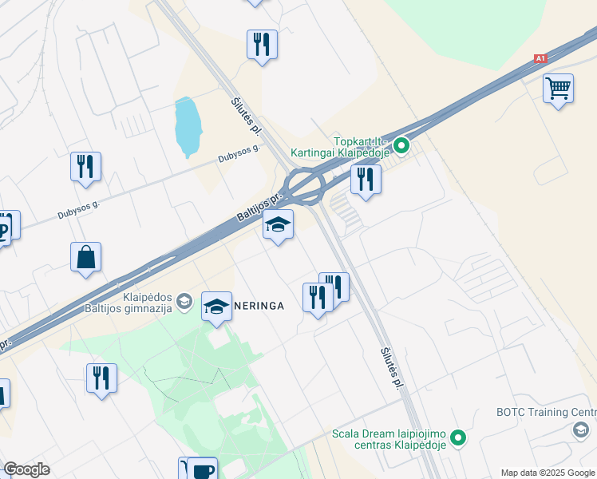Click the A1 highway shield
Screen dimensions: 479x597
540,59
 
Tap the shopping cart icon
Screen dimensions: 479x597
558,88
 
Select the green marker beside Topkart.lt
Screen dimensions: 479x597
402,146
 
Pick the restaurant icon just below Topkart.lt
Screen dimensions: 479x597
366,179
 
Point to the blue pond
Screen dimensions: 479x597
187,127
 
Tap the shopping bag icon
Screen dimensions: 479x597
85,257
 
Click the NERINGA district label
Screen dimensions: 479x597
259,306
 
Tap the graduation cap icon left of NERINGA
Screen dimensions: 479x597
216,307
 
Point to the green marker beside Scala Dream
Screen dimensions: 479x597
458,437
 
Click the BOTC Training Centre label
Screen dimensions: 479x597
546,413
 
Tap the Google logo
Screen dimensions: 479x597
26,469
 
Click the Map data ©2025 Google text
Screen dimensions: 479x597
548,473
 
